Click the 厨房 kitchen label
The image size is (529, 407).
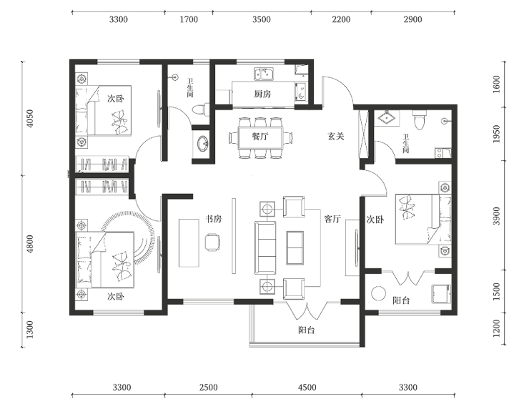click(262, 94)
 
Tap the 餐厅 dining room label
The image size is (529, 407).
click(260, 137)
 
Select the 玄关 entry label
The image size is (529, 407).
click(336, 136)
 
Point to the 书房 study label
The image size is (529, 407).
click(214, 219)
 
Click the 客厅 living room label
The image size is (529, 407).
click(332, 219)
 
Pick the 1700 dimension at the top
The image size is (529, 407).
click(189, 19)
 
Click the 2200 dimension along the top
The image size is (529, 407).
click(341, 19)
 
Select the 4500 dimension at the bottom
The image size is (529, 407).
click(307, 387)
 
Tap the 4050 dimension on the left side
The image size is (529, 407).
click(30, 119)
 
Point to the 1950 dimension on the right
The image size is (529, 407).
click(496, 134)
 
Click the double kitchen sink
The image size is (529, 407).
click(264, 74)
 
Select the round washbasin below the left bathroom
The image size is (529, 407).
click(203, 144)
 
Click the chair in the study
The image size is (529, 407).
click(212, 242)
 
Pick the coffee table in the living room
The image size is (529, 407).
click(295, 247)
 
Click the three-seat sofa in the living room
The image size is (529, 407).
click(265, 247)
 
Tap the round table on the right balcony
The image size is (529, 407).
click(379, 293)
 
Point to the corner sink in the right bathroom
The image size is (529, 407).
click(387, 118)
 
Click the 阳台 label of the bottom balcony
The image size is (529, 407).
click(307, 330)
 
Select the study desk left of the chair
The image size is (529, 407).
click(189, 243)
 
